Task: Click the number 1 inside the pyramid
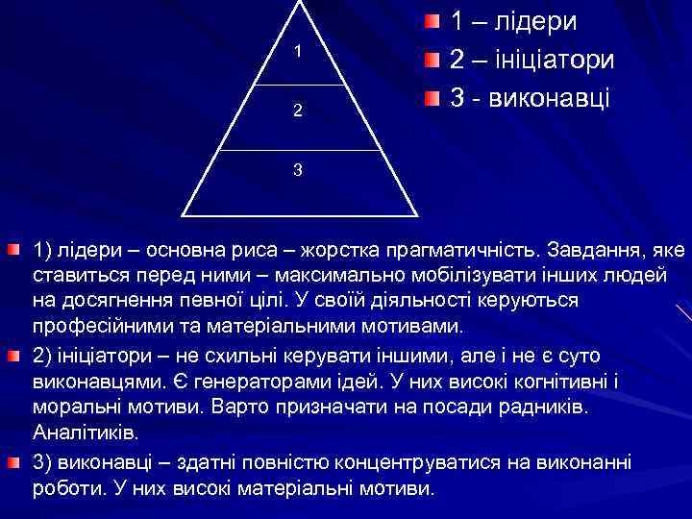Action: point(298,51)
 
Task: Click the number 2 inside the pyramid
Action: point(298,111)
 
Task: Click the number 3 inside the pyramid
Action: point(298,170)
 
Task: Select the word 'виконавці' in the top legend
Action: point(551,98)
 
